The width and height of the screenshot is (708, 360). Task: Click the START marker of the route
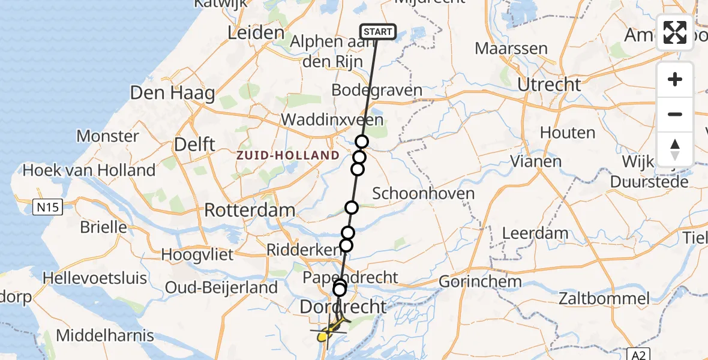coord(377,32)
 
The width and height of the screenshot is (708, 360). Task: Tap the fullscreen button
coord(675,32)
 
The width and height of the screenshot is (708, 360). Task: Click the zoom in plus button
coord(675,79)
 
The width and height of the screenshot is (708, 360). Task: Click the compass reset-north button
coord(675,149)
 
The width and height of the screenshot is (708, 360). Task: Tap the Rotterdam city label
coord(250,210)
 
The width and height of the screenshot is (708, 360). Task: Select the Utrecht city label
coord(548,85)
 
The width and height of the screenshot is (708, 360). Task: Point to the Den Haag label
coord(163,94)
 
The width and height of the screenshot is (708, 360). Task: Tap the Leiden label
coord(256,32)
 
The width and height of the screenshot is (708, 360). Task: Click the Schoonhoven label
coord(423,193)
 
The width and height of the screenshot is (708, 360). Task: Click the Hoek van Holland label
coord(89,170)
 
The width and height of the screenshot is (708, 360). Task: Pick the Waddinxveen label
coord(332,119)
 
